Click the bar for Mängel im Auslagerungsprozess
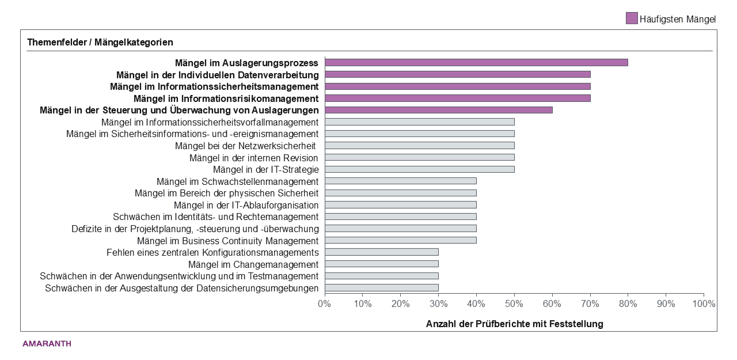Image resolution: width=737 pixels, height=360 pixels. coord(476,62)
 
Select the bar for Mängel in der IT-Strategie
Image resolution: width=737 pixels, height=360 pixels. coord(419,169)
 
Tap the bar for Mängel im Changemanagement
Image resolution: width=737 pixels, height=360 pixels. coord(381,264)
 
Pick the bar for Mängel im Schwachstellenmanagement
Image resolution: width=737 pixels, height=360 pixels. coord(400,181)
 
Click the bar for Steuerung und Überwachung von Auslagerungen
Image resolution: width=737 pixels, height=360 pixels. coord(438,110)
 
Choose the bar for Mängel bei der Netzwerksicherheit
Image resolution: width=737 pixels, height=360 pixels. coord(419,146)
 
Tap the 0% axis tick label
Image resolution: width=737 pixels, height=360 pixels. coord(325,304)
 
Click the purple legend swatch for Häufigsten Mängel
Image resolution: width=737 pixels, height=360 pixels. coord(632,18)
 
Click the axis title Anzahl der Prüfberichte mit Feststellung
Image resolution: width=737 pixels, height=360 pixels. coord(514,324)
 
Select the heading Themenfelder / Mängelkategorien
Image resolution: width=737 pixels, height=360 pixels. coord(100,42)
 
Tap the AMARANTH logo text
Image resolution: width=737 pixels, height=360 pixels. coord(47,344)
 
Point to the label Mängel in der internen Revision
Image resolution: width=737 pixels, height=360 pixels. coord(254,158)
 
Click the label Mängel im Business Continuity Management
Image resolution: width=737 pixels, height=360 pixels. coord(227,241)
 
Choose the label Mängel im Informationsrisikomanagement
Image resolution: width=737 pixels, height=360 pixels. coord(226,98)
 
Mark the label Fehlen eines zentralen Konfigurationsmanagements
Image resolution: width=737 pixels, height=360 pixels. coord(212,252)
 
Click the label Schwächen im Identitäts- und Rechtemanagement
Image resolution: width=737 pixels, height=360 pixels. coord(215,217)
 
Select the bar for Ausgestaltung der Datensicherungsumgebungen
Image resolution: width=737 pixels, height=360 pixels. coord(381,288)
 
